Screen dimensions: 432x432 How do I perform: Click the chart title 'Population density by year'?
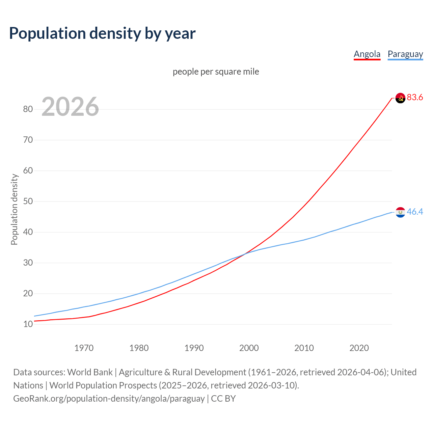point(102,33)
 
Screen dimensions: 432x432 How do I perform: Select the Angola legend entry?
point(367,54)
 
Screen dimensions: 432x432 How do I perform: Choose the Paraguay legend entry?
point(405,54)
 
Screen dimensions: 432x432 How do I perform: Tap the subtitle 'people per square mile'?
point(216,72)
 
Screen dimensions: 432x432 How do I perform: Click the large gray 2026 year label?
point(70,107)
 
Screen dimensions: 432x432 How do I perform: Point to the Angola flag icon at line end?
point(400,98)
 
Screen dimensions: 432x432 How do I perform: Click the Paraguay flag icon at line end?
point(400,212)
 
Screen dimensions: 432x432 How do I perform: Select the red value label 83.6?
point(415,98)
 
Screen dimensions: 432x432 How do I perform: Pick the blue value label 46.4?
point(415,212)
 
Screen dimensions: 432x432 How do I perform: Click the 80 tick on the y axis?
point(28,109)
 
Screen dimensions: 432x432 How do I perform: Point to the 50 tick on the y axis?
point(28,201)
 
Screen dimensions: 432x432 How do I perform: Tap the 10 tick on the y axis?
point(28,324)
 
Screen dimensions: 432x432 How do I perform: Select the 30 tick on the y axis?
point(28,263)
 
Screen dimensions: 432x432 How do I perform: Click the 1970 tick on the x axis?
point(84,348)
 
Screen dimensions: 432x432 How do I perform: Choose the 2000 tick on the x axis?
point(249,348)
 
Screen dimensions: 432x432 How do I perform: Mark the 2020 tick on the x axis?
point(359,348)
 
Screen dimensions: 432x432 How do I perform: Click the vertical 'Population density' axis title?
point(14,209)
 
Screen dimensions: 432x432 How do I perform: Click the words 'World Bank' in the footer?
point(90,372)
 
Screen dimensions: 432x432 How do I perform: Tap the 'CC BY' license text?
point(223,399)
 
